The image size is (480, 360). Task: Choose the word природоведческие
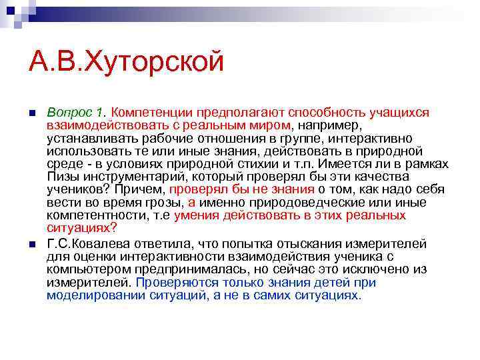click(286, 203)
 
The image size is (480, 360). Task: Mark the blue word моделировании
click(89, 295)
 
